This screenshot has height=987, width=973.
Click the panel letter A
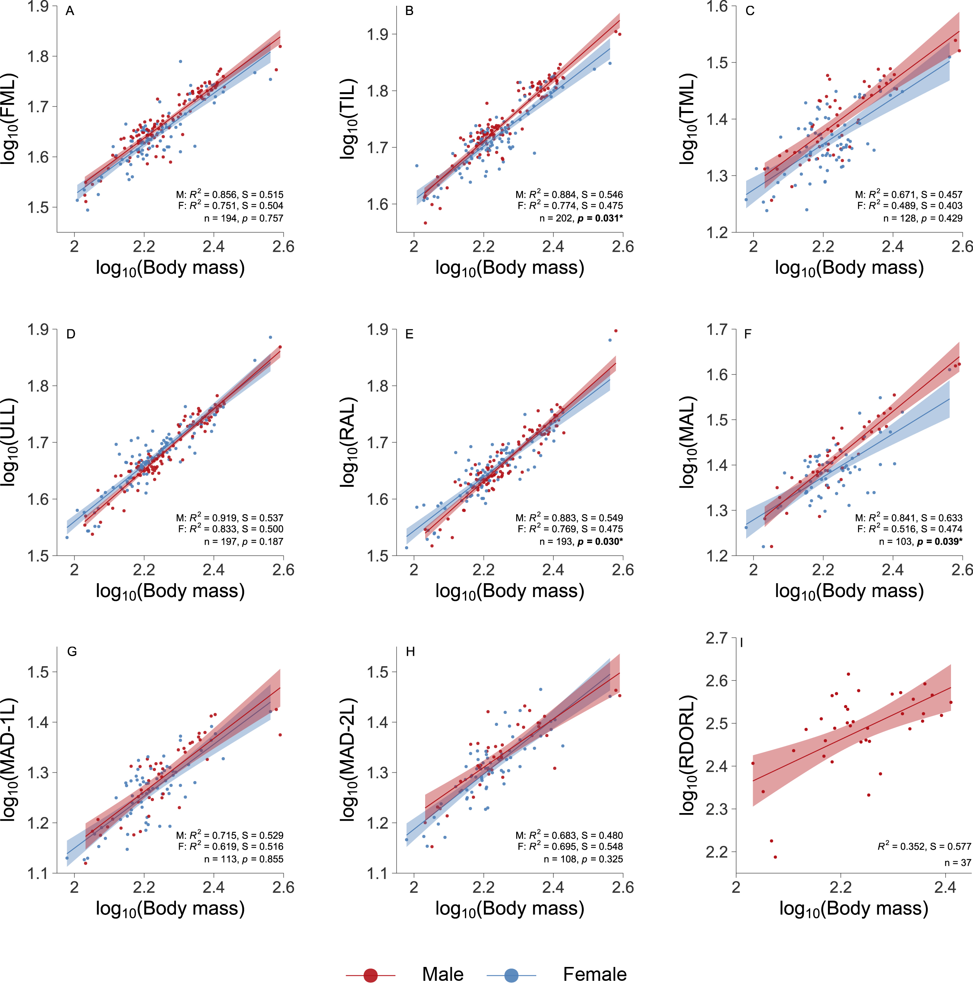[70, 11]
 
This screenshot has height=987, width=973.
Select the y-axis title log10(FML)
[9, 118]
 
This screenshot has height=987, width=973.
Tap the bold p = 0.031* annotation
[600, 219]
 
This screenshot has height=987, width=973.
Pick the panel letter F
[748, 334]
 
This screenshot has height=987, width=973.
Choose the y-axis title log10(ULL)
[9, 442]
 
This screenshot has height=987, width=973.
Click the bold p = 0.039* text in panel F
[939, 542]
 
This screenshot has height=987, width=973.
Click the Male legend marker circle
[370, 975]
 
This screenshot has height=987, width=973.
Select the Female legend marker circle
[511, 975]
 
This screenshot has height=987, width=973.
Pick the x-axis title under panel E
[510, 591]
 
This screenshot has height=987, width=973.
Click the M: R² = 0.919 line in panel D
[230, 518]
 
